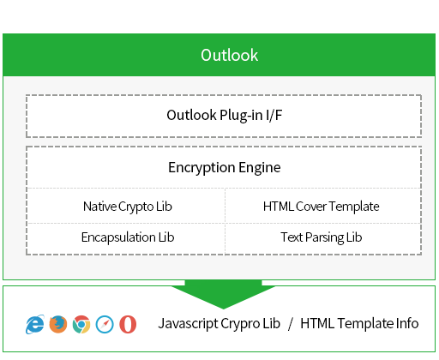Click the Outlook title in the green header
point(229,55)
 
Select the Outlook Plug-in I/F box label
point(225,116)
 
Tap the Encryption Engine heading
point(225,167)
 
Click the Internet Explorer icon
point(35,324)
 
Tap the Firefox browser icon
point(58,324)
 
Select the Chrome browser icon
point(81,324)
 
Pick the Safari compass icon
point(105,324)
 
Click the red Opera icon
point(128,324)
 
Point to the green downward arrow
point(223,294)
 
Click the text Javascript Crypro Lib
point(219,324)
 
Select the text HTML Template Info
point(359,323)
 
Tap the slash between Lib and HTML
point(291,324)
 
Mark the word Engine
point(260,168)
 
